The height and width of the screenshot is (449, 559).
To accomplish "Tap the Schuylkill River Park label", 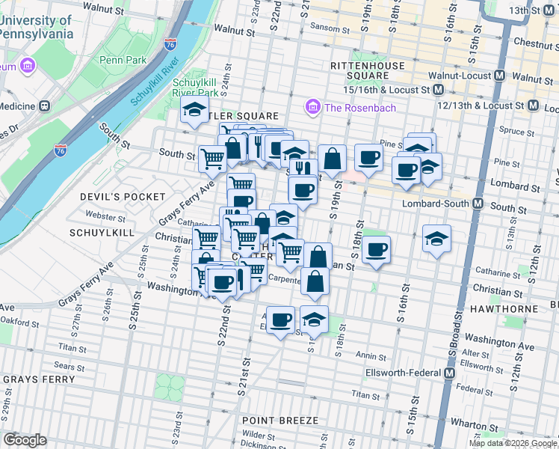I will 195,88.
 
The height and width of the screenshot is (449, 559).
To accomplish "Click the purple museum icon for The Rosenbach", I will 312,108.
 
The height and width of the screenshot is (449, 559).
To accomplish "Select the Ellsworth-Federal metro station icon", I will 450,372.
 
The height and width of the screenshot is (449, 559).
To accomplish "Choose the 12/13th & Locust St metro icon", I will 533,106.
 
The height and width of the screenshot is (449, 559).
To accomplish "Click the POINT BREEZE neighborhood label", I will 280,421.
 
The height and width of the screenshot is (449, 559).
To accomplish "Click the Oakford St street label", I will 20,323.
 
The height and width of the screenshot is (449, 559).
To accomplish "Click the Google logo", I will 25,440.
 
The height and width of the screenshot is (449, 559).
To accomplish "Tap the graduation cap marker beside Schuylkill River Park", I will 194,112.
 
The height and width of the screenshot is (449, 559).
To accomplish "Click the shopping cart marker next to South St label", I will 213,158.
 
